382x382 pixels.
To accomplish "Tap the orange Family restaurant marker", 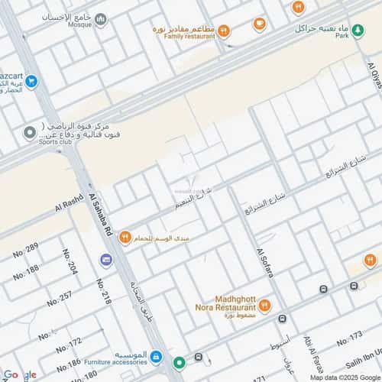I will tap(224, 31).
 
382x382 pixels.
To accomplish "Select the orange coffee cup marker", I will tap(260, 24).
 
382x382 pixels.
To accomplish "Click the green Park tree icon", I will tap(358, 31).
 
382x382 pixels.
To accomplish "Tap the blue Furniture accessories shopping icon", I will tap(156, 357).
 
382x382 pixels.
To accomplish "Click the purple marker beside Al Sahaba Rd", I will tap(105, 260).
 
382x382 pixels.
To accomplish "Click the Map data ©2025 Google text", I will tap(344, 377).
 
